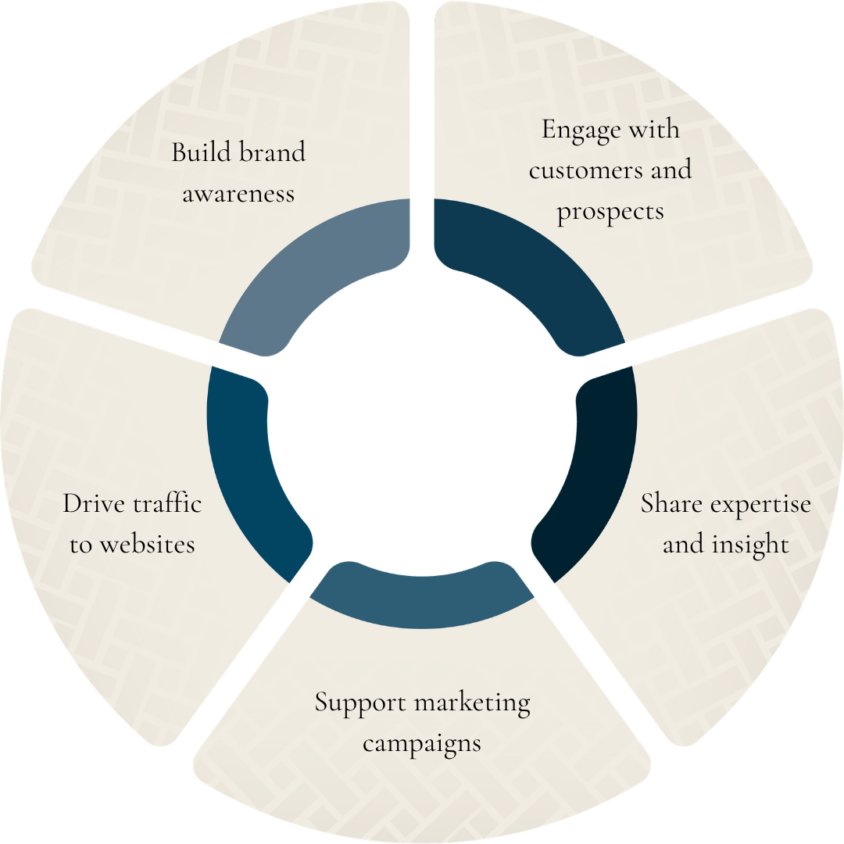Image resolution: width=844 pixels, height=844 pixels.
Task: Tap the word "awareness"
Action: pos(238,193)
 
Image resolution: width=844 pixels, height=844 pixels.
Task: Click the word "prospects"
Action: pos(610,211)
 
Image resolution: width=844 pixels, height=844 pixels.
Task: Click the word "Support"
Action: pos(360,703)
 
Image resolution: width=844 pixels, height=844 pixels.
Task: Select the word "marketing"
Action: pos(472,703)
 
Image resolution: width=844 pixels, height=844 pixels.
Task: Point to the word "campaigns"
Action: pos(422,743)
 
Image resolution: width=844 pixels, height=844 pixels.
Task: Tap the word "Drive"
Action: pos(92,504)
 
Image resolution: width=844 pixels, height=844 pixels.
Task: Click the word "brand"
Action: pos(273,152)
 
